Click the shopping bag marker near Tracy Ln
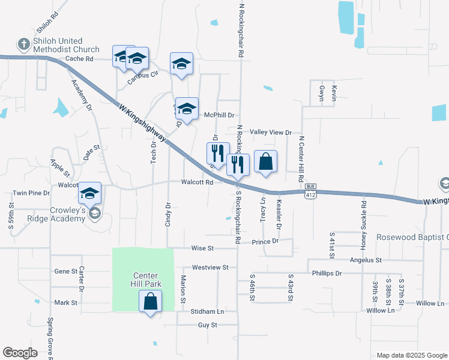coord(265,162)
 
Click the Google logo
coord(20,353)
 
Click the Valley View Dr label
coord(270,132)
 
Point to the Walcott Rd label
coord(198,182)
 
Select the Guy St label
coord(207,325)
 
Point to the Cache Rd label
coord(79,59)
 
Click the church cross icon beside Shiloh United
coord(23,44)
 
